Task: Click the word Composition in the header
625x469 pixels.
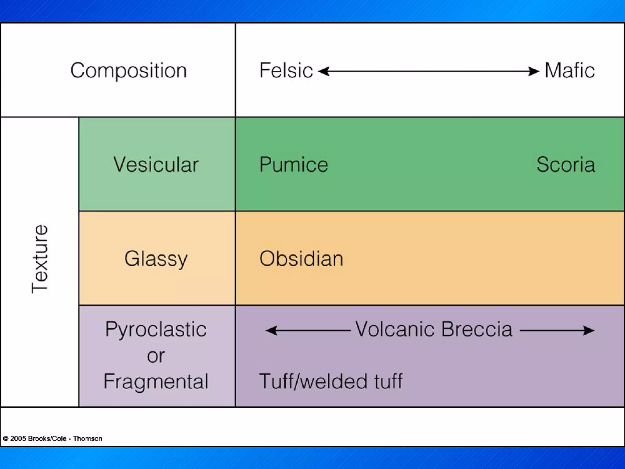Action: click(128, 71)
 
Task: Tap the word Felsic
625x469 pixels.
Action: click(286, 71)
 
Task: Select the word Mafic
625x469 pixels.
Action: click(569, 71)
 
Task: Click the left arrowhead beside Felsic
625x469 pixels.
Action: click(323, 71)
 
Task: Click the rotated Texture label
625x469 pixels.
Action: click(40, 259)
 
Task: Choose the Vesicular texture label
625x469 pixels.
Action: click(156, 165)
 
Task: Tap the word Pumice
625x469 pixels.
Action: click(293, 165)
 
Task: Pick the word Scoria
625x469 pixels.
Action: click(565, 165)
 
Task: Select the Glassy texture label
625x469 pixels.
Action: click(156, 259)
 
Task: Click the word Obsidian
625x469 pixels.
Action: click(301, 259)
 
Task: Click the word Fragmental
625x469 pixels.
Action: click(156, 381)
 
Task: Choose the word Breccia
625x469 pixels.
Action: click(477, 329)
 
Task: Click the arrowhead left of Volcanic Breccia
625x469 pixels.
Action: click(271, 330)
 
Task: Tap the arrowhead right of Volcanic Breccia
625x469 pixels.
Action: click(589, 330)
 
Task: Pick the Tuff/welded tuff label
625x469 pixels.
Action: click(331, 381)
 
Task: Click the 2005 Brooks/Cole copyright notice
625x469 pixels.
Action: click(52, 438)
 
